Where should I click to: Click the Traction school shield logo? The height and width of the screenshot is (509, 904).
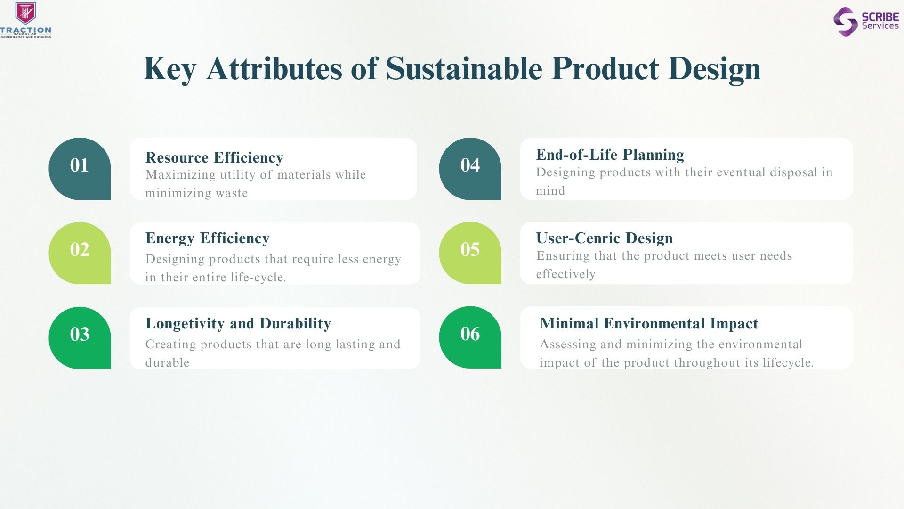click(25, 13)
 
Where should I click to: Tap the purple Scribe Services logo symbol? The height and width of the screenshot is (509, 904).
click(846, 22)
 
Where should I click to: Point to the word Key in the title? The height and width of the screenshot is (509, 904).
click(169, 69)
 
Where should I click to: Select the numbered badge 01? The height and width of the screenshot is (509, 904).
click(80, 169)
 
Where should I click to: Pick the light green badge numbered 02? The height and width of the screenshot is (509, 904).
click(80, 253)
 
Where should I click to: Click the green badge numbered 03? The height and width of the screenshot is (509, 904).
click(80, 338)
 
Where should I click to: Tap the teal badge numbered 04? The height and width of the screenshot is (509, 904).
click(470, 169)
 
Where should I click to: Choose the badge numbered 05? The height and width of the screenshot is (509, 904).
click(470, 253)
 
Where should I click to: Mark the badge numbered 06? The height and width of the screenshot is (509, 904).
click(470, 337)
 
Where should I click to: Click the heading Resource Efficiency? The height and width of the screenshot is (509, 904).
click(214, 157)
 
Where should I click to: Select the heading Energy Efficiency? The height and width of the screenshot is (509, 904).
click(208, 238)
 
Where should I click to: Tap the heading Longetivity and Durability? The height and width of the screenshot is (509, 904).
click(238, 323)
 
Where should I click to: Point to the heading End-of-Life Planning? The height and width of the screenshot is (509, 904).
click(610, 155)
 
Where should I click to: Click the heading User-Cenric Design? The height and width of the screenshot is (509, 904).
click(604, 238)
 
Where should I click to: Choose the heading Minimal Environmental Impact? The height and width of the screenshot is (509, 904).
click(649, 323)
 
